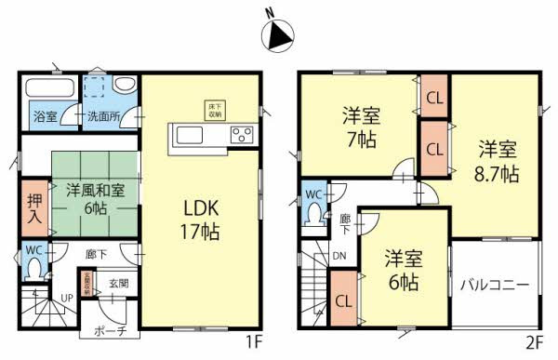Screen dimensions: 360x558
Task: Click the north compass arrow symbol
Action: (278, 34)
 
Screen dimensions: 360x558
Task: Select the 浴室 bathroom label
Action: (44, 118)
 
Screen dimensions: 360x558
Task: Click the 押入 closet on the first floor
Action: (31, 206)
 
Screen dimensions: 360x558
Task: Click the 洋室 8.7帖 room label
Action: (498, 160)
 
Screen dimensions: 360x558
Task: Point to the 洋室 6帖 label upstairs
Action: (403, 268)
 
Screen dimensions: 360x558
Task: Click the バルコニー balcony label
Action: (495, 284)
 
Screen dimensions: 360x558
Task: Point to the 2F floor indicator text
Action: (532, 341)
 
